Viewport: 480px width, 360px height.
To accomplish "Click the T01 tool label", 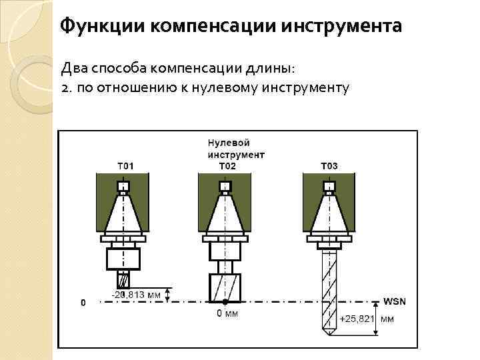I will [x=125, y=166].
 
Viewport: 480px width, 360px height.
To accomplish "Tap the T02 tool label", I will [x=228, y=165].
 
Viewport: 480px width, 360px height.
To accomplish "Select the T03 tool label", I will [x=329, y=166].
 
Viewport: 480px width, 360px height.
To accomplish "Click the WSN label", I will [x=394, y=301].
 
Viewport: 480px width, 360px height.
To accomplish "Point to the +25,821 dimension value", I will [x=357, y=319].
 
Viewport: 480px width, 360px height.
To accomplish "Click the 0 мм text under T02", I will [x=227, y=313].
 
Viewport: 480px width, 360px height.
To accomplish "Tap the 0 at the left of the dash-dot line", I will [x=83, y=303].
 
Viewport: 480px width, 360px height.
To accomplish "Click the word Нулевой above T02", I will [x=229, y=143].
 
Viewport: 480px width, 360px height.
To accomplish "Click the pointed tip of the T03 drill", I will [x=328, y=333].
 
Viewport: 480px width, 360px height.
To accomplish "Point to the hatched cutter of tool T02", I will [x=225, y=287].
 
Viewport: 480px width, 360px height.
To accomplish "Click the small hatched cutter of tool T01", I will [x=123, y=280].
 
